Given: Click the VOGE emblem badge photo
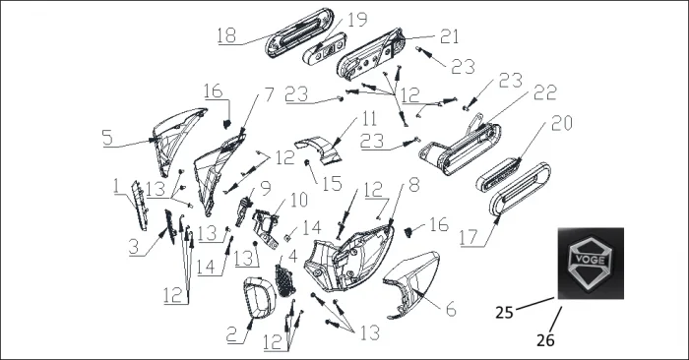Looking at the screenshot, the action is [591, 264].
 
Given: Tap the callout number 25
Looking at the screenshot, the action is [504, 312].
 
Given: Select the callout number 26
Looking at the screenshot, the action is [545, 339].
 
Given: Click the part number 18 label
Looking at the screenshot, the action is [226, 35].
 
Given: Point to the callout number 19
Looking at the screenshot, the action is [357, 20].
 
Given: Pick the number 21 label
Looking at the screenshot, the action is [449, 36].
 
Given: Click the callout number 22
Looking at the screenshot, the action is [545, 92].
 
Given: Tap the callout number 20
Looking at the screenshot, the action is [562, 123].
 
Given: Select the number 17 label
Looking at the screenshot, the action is [469, 237].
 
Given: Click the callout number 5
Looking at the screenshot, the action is [107, 138].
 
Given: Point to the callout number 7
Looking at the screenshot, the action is [269, 94].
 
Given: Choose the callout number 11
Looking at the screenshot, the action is [369, 119].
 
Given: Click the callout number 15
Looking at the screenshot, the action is [333, 184].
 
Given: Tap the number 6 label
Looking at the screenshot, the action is [451, 310].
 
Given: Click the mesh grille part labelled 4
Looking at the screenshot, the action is [284, 280].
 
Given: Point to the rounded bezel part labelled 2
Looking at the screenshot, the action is [259, 297].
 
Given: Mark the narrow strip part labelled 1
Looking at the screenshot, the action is [140, 206].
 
